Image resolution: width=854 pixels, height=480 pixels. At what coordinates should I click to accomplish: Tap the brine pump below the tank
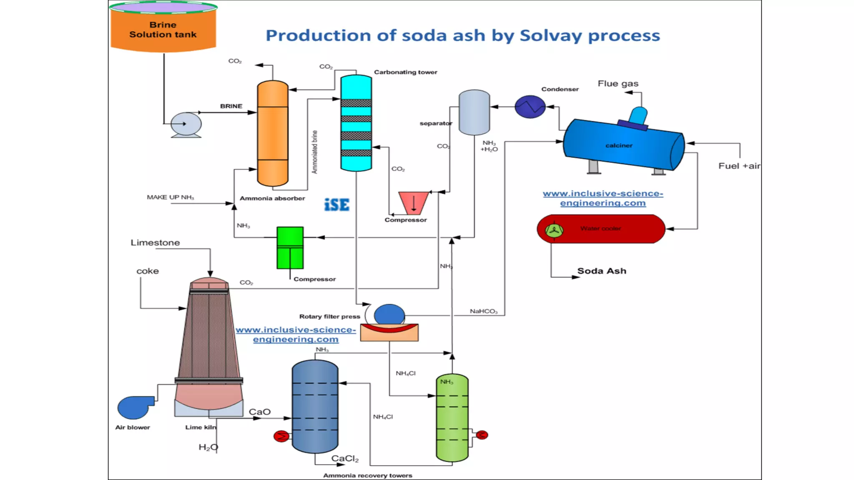point(186,124)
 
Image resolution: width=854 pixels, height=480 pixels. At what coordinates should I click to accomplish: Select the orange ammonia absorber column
point(272,133)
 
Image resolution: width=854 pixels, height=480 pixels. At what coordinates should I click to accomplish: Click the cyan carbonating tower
point(356,123)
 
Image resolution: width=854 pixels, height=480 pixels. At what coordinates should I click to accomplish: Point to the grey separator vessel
point(474,112)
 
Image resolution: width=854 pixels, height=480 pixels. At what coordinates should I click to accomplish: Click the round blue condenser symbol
point(530,107)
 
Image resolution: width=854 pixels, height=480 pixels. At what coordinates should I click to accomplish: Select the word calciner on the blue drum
point(619,145)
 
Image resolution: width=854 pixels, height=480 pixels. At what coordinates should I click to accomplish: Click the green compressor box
point(290,247)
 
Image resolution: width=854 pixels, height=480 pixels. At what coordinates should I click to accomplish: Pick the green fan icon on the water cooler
point(554,230)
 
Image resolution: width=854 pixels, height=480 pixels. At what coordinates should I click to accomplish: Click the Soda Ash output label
point(601,271)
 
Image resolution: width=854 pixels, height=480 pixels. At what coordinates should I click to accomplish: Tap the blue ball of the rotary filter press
point(389,315)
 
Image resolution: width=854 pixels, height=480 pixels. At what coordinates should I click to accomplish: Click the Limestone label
point(155,242)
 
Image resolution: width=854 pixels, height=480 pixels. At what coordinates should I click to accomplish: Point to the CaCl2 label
point(345,459)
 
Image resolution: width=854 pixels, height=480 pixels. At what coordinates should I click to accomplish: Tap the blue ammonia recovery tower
point(315,406)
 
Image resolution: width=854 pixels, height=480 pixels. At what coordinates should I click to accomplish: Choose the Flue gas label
point(618,83)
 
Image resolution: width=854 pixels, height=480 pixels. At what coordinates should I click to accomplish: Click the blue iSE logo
point(337,205)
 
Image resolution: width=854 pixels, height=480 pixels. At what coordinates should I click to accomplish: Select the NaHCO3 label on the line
point(483,311)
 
